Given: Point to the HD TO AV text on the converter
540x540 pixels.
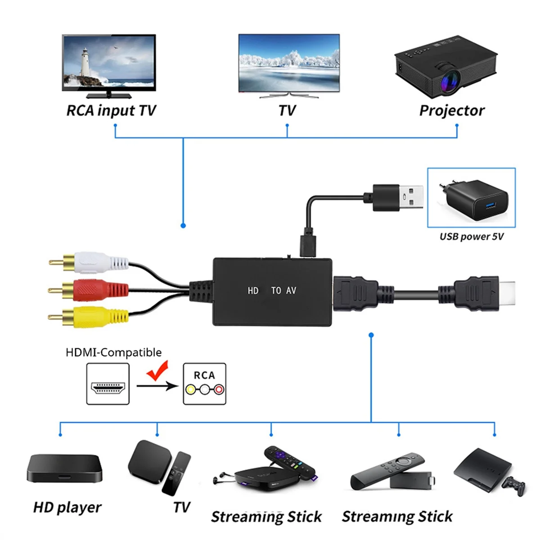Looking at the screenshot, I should pos(272,291).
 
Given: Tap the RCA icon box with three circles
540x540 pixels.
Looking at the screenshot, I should pos(205,384).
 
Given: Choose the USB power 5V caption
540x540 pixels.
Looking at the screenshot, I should pos(471,237).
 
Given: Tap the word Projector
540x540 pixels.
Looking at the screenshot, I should pos(452,111).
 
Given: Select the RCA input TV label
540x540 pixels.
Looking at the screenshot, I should pos(111,111).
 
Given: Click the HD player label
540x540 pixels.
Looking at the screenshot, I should pos(67,508).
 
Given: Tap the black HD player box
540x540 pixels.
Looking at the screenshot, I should pos(64,468).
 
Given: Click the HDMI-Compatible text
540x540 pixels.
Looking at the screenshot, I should pos(113,352).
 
